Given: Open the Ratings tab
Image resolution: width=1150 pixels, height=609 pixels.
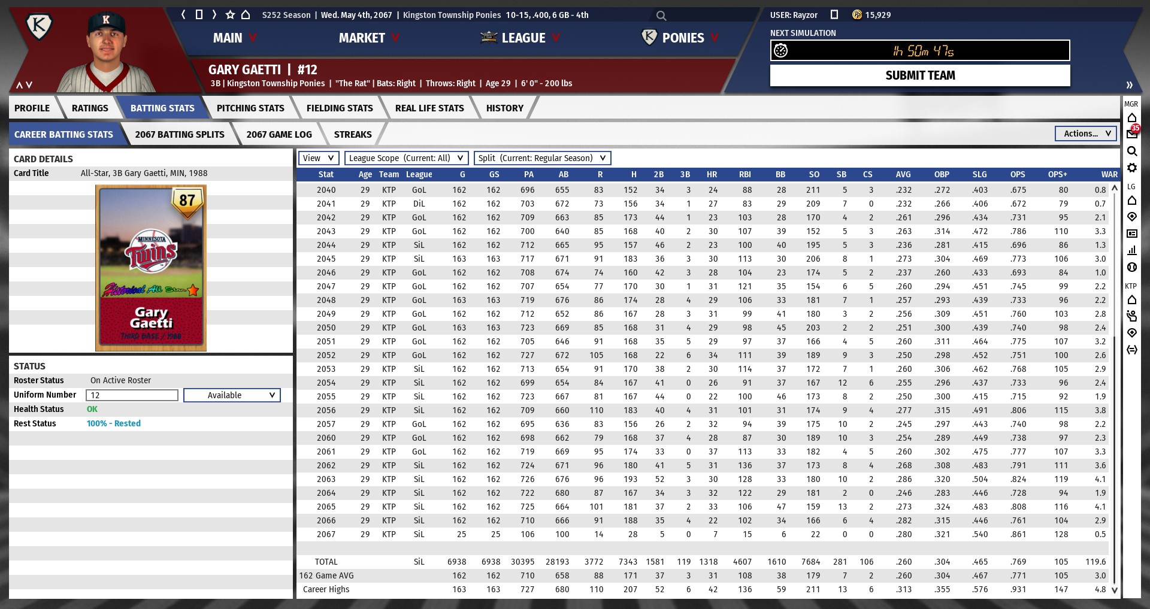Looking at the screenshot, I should click(x=90, y=108).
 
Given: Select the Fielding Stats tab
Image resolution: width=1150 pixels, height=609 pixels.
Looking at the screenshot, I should click(x=339, y=108).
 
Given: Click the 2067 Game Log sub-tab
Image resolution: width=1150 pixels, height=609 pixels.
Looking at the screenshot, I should click(x=279, y=135).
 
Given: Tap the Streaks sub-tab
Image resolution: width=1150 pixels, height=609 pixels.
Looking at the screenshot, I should click(x=352, y=135).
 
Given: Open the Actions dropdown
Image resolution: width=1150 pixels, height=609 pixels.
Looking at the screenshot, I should click(x=1086, y=134).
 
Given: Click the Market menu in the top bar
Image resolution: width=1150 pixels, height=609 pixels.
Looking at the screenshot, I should click(x=362, y=38).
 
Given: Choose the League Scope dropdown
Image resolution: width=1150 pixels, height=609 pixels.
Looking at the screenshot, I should click(x=406, y=158).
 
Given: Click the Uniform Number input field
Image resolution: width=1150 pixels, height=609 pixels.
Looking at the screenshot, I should click(x=132, y=395).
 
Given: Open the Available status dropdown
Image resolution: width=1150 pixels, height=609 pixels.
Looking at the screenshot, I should click(x=232, y=395).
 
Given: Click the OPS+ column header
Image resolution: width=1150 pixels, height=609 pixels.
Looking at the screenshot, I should click(x=1057, y=174).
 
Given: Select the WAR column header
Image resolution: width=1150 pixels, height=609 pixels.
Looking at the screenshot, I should click(x=1109, y=174).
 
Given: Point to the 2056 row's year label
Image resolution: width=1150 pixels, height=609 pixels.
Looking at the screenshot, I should click(x=326, y=410).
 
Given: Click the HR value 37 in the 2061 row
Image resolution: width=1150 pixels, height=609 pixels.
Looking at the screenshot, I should click(x=713, y=452).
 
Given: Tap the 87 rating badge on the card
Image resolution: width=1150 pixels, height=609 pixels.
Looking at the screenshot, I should click(x=187, y=201).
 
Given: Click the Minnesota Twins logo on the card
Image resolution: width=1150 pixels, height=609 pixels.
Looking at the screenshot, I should click(x=152, y=251).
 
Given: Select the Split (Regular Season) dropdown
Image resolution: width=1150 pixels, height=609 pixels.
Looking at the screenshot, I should click(x=542, y=158).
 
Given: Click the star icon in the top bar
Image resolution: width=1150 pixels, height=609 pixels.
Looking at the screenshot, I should click(x=230, y=14).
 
